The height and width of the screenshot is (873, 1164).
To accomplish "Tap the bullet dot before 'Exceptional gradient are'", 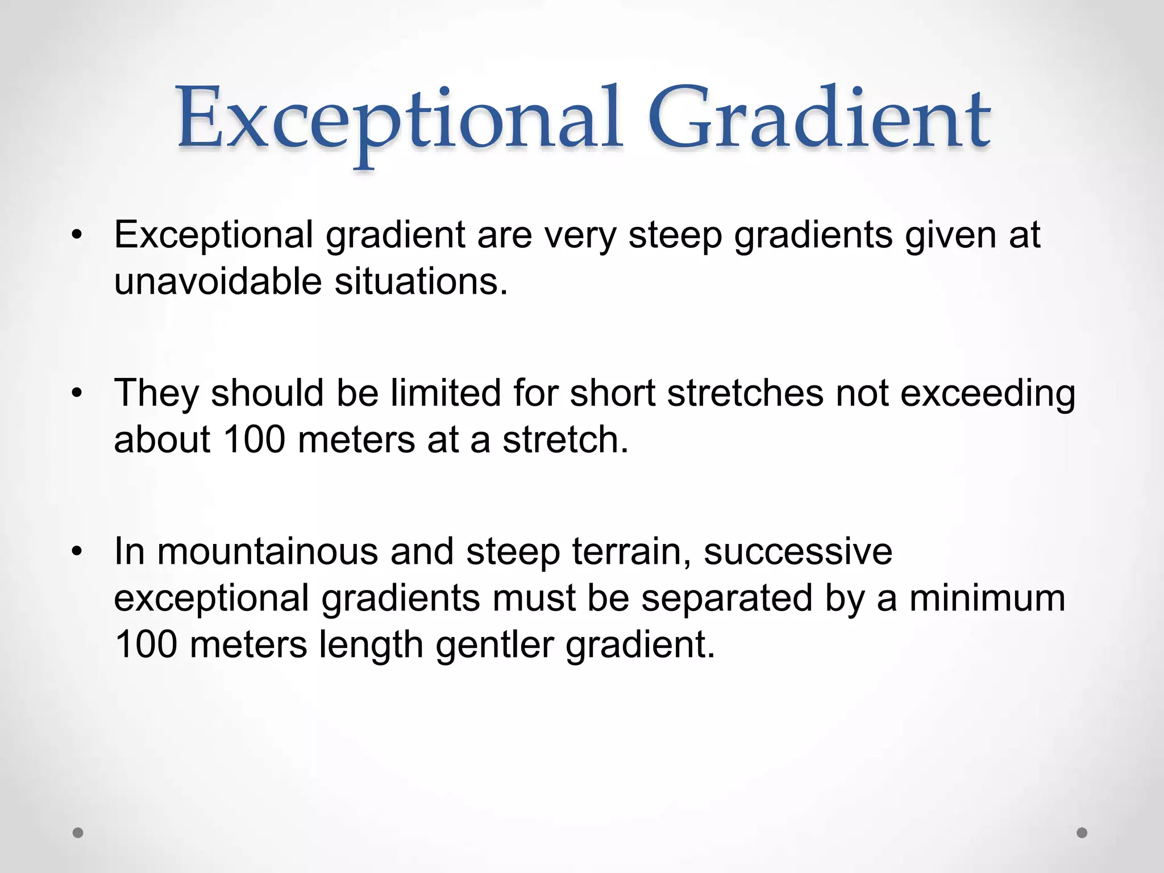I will [77, 235].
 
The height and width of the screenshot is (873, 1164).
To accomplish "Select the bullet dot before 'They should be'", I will [77, 393].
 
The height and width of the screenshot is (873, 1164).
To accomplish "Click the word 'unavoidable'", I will [218, 281].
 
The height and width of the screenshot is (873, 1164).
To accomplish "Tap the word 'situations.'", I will [421, 281].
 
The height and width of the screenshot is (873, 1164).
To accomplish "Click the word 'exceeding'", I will [988, 394].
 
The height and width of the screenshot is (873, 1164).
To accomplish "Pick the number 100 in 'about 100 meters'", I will [254, 440].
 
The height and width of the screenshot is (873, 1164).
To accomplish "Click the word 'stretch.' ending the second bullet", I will [566, 440].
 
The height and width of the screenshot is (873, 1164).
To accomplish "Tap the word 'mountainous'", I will [267, 552].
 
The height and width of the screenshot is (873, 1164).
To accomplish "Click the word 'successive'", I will [798, 552].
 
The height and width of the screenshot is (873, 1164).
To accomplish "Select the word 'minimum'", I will [987, 598].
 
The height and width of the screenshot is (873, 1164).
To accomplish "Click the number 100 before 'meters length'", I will [145, 645].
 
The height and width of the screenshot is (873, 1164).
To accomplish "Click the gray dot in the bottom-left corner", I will [78, 833].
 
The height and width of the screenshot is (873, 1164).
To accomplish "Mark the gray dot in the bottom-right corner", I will [1082, 833].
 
